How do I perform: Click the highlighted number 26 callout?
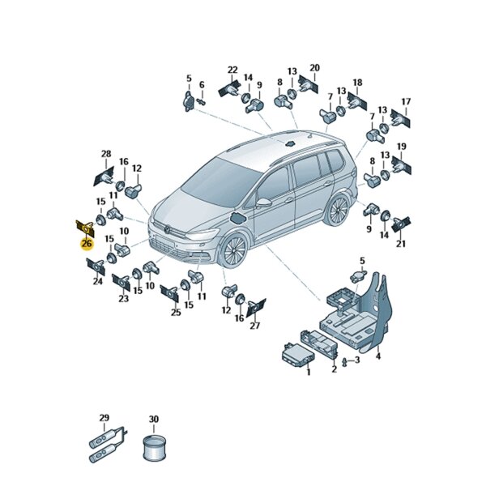pos(87,244)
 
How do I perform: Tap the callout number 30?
pos(154,419)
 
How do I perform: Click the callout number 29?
pos(104,417)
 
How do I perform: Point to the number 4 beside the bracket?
pos(378,356)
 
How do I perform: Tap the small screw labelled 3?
pos(343,362)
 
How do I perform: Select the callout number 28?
pos(106,154)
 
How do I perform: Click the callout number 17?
pos(406,102)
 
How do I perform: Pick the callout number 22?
pos(232,70)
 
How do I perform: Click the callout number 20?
pos(314,67)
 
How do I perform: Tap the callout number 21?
pos(401,244)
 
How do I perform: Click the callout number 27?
pos(255,326)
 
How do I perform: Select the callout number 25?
pos(176,312)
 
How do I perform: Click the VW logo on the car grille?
pos(168,230)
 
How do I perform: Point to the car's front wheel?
pos(235,250)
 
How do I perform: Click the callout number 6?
pos(202,84)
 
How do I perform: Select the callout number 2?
pos(334,369)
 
